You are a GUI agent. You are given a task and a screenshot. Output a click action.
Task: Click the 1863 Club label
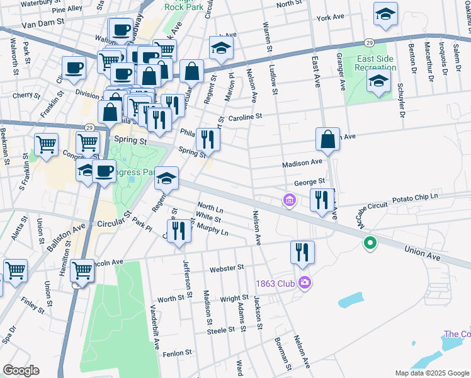275,283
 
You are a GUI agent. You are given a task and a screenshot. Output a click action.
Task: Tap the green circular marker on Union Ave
371,243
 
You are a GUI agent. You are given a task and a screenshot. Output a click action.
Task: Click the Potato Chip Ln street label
414,198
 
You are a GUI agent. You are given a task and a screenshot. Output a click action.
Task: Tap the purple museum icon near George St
289,201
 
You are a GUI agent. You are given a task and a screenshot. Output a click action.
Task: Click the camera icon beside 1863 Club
305,282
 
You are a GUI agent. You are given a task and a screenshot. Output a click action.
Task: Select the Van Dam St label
43,21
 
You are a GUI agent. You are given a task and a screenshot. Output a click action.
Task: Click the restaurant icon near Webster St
302,252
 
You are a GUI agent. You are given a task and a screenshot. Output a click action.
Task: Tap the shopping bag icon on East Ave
328,140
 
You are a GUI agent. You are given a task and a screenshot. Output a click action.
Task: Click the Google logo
21,370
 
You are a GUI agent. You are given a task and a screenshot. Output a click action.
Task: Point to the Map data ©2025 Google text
432,373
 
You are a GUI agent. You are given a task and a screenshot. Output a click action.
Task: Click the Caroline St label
244,117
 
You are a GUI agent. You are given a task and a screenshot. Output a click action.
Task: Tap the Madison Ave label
302,163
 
